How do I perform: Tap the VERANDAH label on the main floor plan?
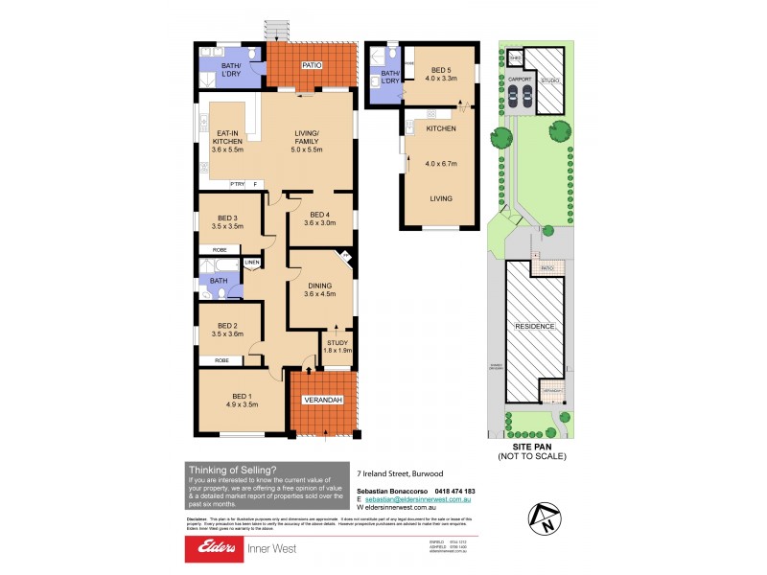[x=322, y=399]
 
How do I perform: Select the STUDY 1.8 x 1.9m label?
[x=337, y=346]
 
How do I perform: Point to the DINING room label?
[x=319, y=289]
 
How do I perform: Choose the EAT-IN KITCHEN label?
[x=228, y=142]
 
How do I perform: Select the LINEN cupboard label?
[x=252, y=263]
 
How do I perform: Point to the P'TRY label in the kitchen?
[x=236, y=184]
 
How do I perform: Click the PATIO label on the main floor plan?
[x=311, y=65]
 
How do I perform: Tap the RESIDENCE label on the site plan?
[x=535, y=327]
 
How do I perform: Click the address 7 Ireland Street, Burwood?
[x=400, y=472]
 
